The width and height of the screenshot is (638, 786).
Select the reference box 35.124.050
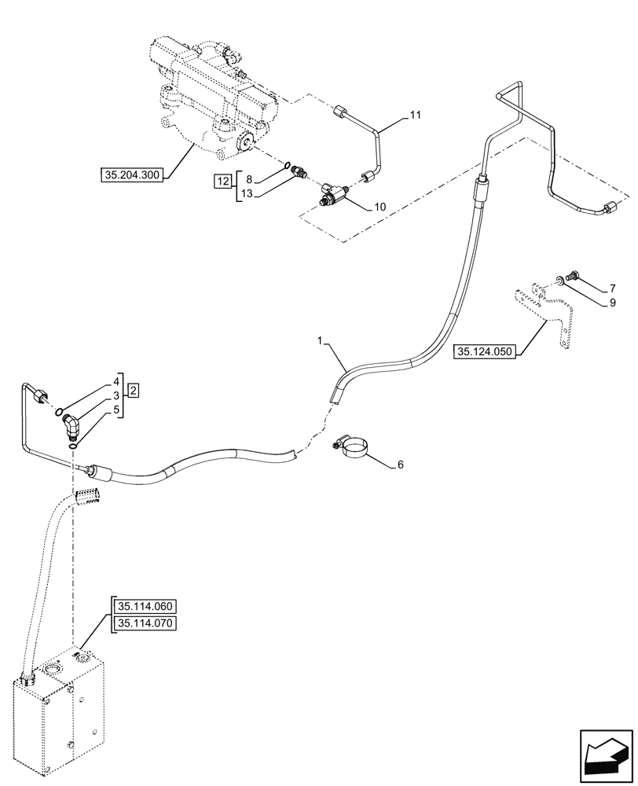tap(484, 352)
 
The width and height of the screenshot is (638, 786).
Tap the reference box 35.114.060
tap(147, 607)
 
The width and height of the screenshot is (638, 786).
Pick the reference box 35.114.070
tap(147, 624)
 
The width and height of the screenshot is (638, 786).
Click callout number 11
tap(416, 115)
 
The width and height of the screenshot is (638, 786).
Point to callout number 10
tap(379, 207)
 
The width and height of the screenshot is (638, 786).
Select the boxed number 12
tap(223, 182)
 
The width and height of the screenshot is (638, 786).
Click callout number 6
tap(400, 465)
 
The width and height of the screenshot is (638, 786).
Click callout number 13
tap(246, 194)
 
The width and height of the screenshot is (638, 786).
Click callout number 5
tap(115, 410)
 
